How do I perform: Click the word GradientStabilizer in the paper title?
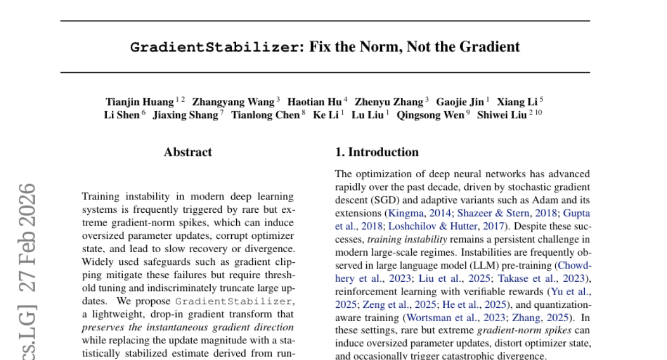point(214,47)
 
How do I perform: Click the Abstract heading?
point(188,152)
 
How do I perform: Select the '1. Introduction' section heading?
point(377,152)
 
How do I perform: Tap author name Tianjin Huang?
point(140,102)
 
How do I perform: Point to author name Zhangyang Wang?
point(233,102)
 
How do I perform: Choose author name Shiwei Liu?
point(502,116)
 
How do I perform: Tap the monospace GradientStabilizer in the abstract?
point(234,302)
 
